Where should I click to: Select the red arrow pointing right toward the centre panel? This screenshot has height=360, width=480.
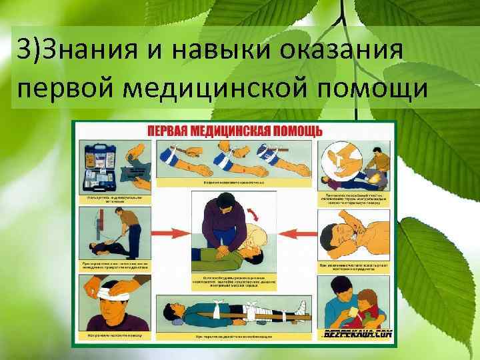[170, 234]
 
